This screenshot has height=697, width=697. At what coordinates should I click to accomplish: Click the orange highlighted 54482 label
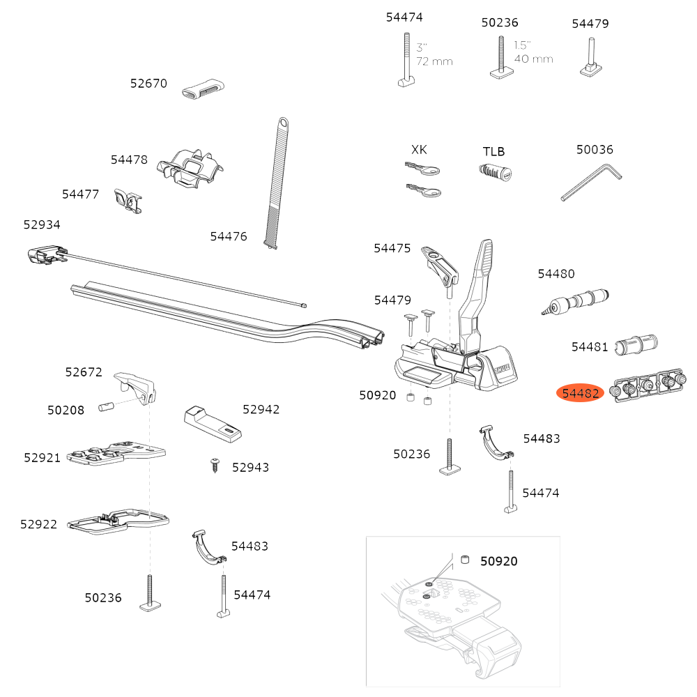[580, 394]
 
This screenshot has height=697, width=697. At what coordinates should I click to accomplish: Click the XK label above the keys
[419, 150]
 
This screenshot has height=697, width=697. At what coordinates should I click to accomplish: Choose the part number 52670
[148, 84]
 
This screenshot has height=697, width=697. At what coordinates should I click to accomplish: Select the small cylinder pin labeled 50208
[107, 406]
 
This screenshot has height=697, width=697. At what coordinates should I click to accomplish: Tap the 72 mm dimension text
[435, 61]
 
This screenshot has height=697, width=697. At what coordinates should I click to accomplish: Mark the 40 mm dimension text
[533, 59]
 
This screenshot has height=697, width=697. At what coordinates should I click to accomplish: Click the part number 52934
[42, 224]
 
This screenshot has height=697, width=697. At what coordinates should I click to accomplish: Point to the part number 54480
[556, 274]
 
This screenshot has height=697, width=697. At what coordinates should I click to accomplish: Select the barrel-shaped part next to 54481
[637, 344]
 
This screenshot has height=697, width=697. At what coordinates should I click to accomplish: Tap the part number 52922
[39, 524]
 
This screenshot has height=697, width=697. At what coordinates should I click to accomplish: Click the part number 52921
[43, 457]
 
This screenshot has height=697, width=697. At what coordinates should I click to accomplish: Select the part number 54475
[392, 248]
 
